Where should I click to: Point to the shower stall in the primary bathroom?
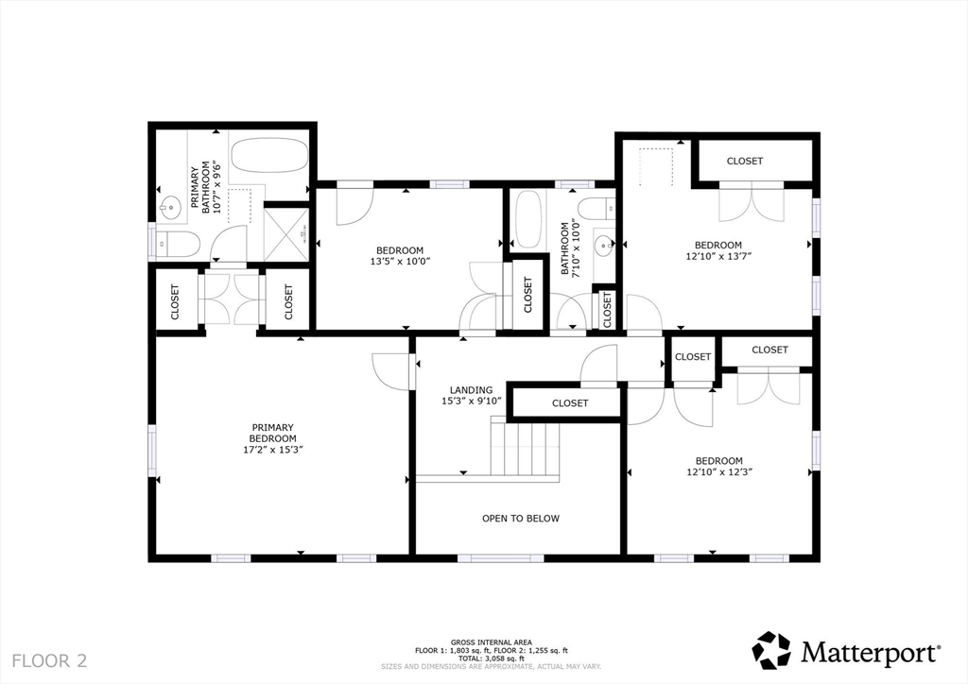[285, 233]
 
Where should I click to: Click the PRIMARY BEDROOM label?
[273, 433]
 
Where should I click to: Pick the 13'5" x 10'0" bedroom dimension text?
[400, 262]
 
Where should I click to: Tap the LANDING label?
[471, 390]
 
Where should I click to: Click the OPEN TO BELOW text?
[521, 518]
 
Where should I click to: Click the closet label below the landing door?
[570, 402]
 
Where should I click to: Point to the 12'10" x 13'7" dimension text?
[718, 256]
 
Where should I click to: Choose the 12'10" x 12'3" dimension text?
[719, 471]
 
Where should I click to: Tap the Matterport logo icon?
[771, 650]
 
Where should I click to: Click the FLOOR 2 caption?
[49, 661]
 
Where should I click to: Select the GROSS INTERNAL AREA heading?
[492, 642]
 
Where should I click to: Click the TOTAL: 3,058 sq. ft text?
[492, 658]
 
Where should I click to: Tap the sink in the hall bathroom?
[603, 246]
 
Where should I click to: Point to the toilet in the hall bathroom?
[597, 209]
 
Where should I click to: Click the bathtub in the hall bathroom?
[527, 218]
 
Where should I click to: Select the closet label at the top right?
[745, 161]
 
